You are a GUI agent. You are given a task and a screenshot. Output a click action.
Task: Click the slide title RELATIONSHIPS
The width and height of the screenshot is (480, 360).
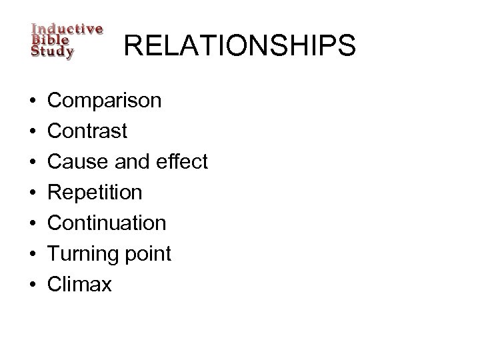point(240,47)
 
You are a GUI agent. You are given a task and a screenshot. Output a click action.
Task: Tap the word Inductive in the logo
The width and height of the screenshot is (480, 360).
point(67,29)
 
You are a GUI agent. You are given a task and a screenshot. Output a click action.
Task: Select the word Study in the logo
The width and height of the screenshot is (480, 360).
point(53,51)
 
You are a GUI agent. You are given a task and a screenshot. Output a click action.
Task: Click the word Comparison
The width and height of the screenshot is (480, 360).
point(105,101)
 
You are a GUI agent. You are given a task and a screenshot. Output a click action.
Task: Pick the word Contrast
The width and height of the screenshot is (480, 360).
point(88,131)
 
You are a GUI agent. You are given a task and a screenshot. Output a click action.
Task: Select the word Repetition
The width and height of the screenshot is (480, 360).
point(95,193)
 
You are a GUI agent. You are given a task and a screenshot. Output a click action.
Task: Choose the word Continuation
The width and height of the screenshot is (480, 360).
point(107,223)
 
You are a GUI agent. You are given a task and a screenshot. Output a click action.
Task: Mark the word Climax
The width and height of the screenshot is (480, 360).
point(80,285)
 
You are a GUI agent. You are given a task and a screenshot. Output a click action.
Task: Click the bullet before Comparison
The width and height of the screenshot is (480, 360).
point(32,101)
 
